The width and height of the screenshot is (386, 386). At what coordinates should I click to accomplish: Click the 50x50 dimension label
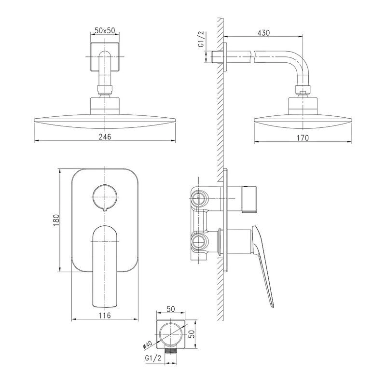click(x=105, y=30)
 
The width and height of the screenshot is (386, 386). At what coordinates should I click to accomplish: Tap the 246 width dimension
click(x=105, y=137)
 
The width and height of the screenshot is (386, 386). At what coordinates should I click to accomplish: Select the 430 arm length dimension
click(x=263, y=33)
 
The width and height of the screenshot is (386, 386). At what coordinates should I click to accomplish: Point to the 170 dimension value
click(x=303, y=138)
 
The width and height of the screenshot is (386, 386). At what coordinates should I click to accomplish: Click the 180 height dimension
click(x=56, y=220)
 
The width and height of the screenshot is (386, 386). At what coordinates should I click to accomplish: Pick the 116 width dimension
click(x=105, y=315)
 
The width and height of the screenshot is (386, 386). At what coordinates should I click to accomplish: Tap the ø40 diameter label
click(x=148, y=345)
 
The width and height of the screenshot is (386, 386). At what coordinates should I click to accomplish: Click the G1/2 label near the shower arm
click(x=201, y=40)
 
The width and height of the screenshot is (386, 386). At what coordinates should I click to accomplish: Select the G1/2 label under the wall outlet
click(x=153, y=358)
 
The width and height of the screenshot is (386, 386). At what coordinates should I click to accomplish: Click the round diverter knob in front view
click(x=105, y=197)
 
